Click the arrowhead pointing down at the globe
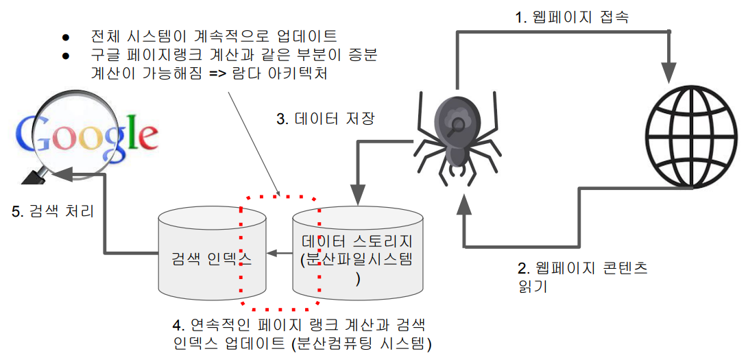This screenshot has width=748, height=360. (669, 71)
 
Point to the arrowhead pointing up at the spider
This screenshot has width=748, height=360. (465, 202)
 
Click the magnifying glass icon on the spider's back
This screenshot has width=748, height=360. (455, 123)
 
